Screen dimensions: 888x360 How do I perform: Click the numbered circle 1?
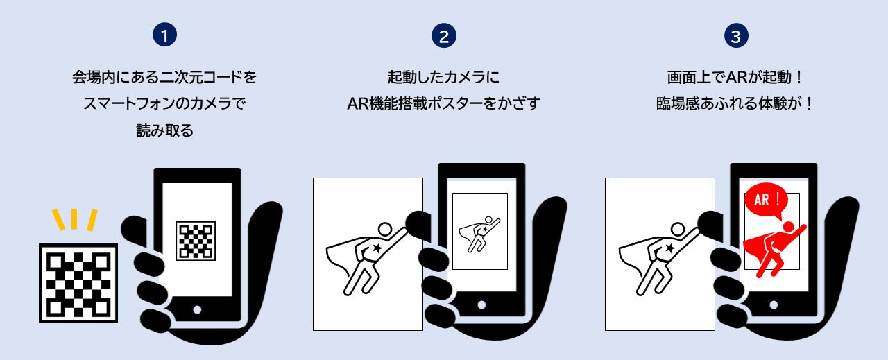164,35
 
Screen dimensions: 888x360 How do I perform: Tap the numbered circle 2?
443,35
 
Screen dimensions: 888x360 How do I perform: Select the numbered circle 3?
736,35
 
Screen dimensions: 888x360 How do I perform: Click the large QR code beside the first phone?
78,283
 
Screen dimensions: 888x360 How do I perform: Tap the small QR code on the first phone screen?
196,241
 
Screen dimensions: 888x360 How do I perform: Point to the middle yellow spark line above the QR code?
74,219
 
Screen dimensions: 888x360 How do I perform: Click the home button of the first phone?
197,309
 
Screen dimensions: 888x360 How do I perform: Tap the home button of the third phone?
774,305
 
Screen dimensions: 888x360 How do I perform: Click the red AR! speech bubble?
766,200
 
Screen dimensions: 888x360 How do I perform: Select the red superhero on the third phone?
773,250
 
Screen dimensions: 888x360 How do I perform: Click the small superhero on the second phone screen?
479,234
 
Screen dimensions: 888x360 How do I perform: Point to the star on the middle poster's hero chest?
377,248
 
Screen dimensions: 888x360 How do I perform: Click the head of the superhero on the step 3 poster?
678,229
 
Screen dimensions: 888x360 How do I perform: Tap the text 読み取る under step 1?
164,130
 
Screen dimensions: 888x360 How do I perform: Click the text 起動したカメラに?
443,77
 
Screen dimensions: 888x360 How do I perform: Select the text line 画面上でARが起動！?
736,77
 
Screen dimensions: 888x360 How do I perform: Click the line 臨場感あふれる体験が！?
736,103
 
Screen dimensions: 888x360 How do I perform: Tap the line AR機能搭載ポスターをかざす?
443,103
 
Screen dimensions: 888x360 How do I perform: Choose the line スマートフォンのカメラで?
164,103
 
